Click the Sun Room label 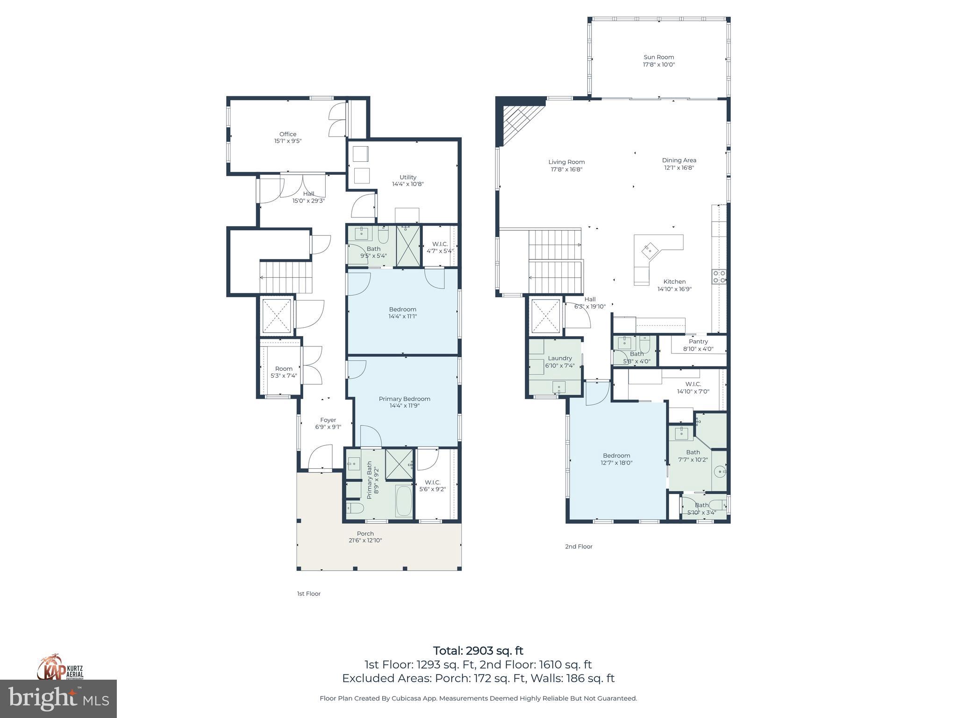(x=658, y=57)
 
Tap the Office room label (x=288, y=134)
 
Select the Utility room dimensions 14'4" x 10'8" (x=407, y=184)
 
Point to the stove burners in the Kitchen (x=719, y=277)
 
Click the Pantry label (x=698, y=342)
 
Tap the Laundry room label (x=560, y=359)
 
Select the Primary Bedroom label (x=404, y=399)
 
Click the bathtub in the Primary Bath (x=404, y=501)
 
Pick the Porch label (x=365, y=533)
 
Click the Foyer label (x=328, y=420)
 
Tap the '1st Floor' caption (x=309, y=594)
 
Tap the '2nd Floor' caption (x=578, y=546)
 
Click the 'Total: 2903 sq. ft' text (x=478, y=651)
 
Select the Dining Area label (x=679, y=160)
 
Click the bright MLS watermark (x=58, y=699)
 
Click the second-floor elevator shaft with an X (x=545, y=316)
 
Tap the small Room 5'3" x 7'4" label (x=284, y=369)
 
